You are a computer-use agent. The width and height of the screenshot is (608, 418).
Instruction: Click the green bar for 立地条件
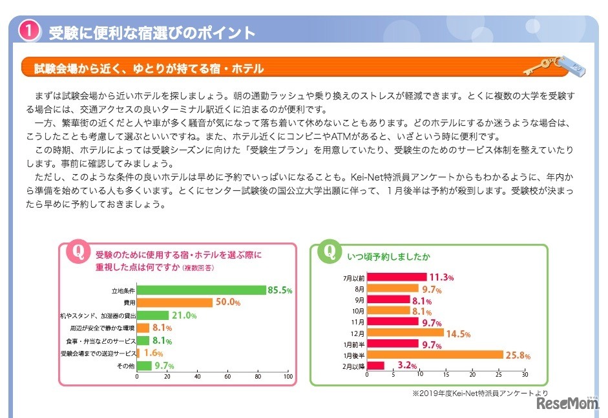[x=202, y=290]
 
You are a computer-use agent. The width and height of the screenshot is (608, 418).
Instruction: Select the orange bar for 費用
[x=174, y=303]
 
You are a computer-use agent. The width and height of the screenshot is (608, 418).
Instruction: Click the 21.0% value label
[x=183, y=315]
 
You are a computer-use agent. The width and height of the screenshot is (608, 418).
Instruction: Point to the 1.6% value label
[x=152, y=353]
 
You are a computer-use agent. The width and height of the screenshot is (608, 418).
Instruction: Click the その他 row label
[x=125, y=366]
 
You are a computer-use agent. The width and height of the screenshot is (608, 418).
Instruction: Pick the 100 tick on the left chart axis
[x=288, y=376]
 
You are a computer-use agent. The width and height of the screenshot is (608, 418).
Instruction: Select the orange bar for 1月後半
[x=434, y=354]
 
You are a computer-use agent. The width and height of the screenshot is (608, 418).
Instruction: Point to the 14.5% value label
[x=457, y=333]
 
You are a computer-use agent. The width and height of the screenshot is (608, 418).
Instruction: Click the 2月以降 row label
[x=353, y=366]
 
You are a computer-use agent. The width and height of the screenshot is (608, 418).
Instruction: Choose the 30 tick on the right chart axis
[x=525, y=374]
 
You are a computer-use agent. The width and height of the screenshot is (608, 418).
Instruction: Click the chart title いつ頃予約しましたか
[x=388, y=257]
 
